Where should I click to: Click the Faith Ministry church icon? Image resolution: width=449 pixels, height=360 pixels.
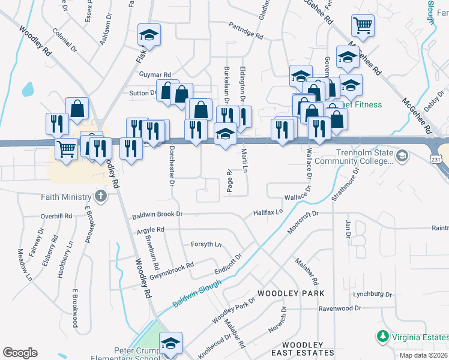pyautogui.click(x=100, y=196)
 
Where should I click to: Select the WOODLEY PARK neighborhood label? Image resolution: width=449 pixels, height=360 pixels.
pyautogui.click(x=291, y=293)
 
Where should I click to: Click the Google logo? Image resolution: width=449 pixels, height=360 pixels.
pyautogui.click(x=20, y=353)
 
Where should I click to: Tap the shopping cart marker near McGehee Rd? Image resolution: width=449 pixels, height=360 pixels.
pyautogui.click(x=362, y=26)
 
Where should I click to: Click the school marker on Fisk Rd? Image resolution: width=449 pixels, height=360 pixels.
pyautogui.click(x=148, y=35)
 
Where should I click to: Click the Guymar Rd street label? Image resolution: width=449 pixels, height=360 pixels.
pyautogui.click(x=155, y=74)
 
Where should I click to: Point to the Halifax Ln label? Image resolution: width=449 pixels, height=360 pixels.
pyautogui.click(x=268, y=212)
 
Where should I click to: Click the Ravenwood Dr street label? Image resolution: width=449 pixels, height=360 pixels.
pyautogui.click(x=340, y=308)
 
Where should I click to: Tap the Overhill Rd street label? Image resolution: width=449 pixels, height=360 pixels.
pyautogui.click(x=56, y=216)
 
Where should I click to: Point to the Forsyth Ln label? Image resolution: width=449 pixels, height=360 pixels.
pyautogui.click(x=206, y=244)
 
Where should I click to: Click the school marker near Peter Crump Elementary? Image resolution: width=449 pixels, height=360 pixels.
pyautogui.click(x=170, y=343)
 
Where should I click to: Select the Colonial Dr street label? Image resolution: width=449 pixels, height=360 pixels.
pyautogui.click(x=65, y=38)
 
